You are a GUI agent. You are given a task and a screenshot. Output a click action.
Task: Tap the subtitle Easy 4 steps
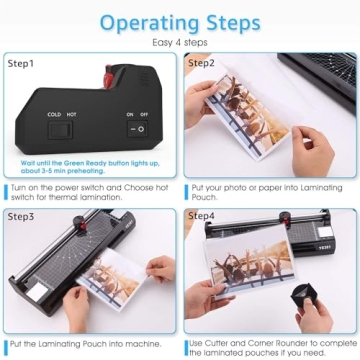[180, 42]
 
